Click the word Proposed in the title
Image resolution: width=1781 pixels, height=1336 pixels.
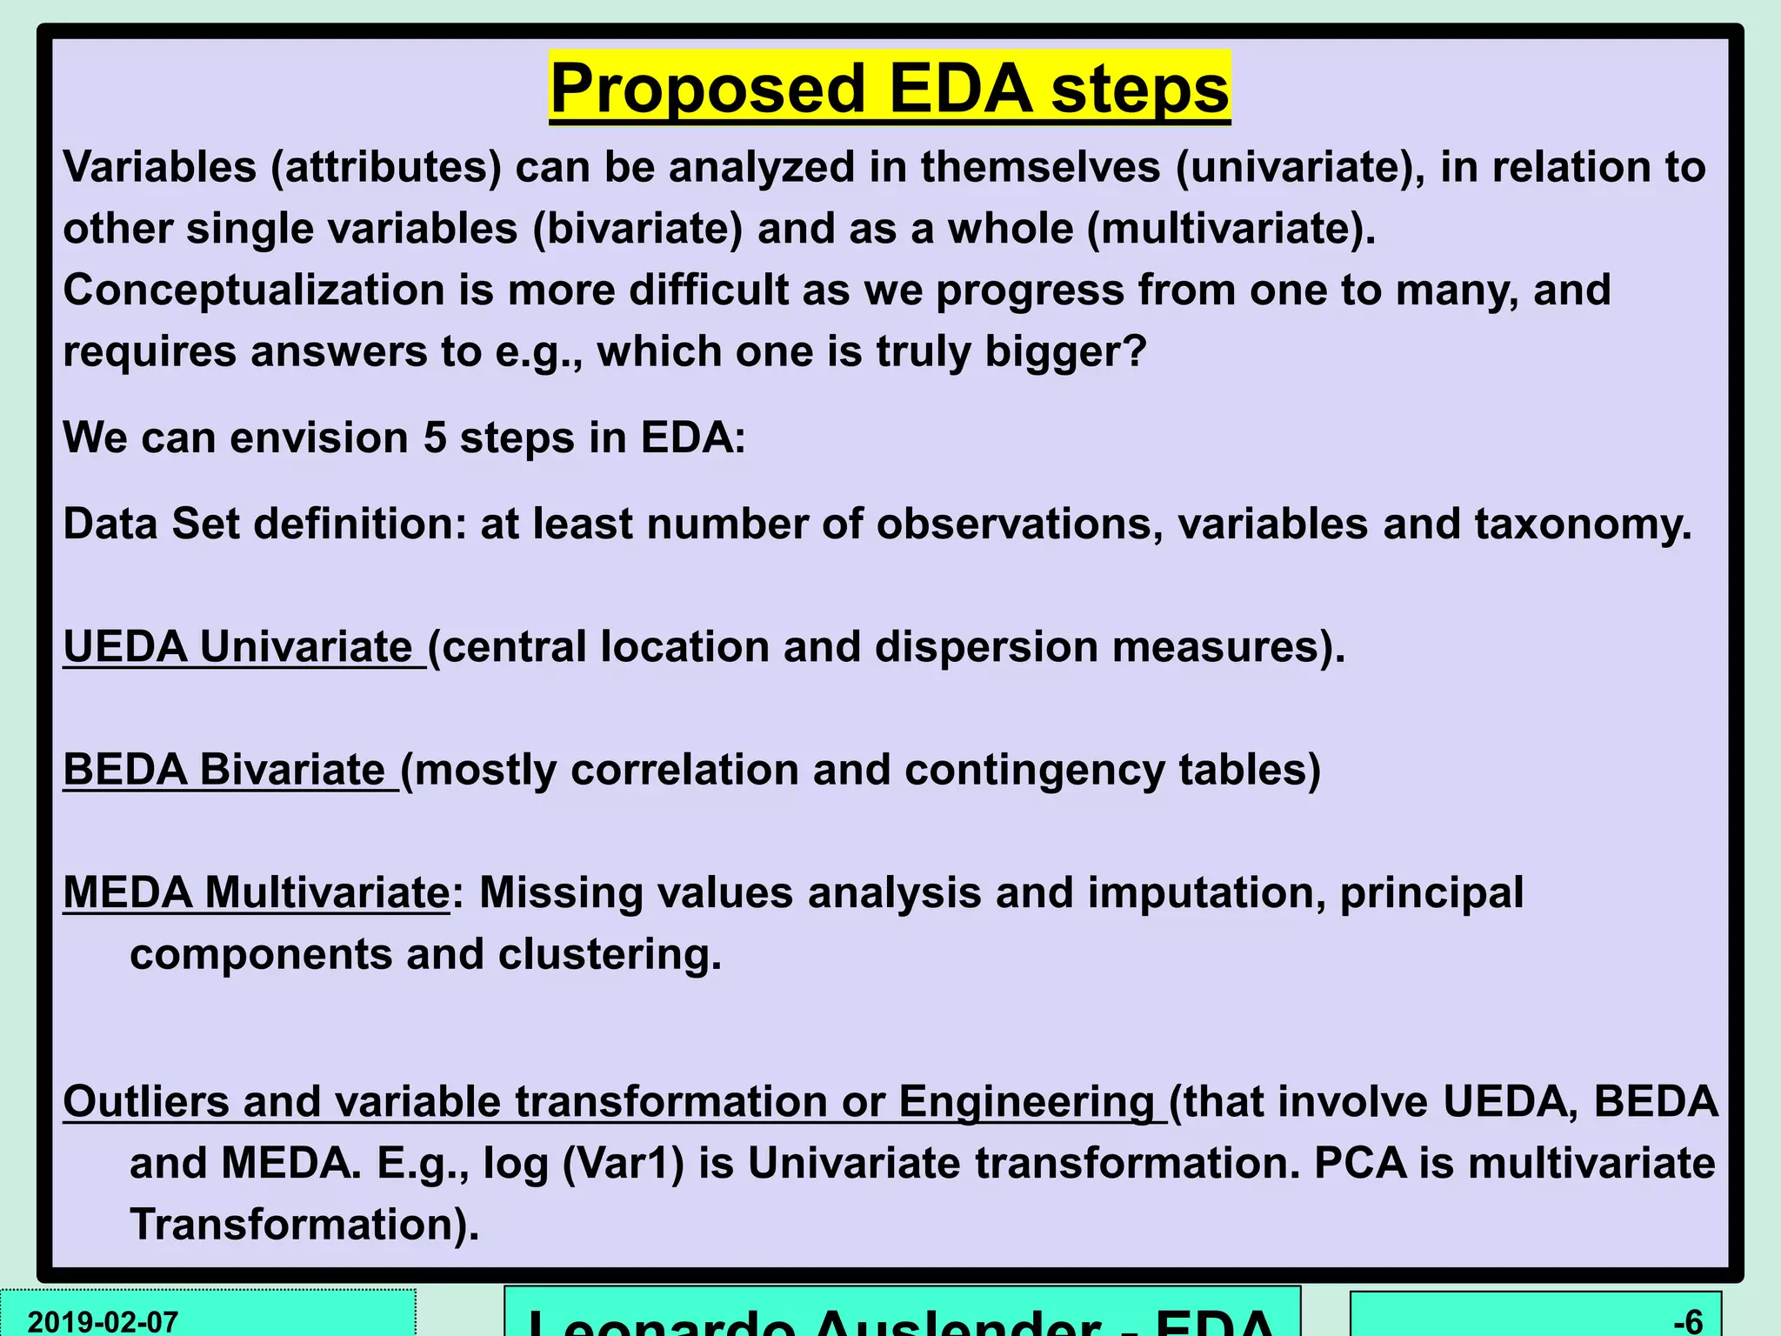pyautogui.click(x=708, y=89)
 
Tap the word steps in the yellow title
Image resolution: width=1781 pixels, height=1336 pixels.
pyautogui.click(x=1140, y=89)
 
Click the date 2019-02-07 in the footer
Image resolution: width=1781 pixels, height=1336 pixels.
pyautogui.click(x=103, y=1321)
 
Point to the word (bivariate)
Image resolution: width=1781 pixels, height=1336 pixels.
pyautogui.click(x=637, y=229)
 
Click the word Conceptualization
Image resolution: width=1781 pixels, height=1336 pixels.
pyautogui.click(x=253, y=290)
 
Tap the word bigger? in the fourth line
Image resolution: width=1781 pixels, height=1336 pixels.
pyautogui.click(x=1066, y=351)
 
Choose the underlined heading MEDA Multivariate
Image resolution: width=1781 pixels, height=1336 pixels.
pyautogui.click(x=257, y=893)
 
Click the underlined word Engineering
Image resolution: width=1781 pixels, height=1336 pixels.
pyautogui.click(x=1026, y=1102)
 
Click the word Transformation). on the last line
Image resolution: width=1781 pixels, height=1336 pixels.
pyautogui.click(x=304, y=1225)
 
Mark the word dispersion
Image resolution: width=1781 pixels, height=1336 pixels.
pyautogui.click(x=986, y=647)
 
